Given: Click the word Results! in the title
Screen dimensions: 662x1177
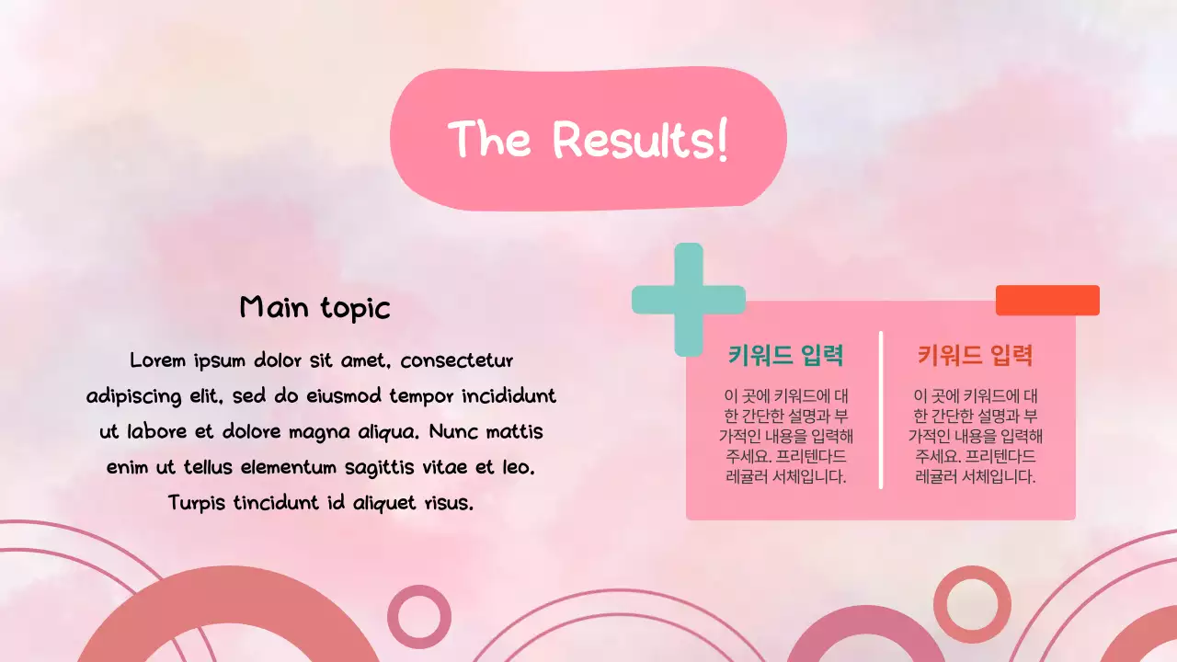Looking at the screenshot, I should coord(640,140).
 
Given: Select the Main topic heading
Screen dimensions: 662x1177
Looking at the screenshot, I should coord(314,307).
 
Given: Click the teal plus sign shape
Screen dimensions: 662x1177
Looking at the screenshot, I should coord(689,300).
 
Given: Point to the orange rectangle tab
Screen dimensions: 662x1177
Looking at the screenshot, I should coord(1047,300).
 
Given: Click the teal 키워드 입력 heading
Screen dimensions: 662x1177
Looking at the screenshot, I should coord(785,355).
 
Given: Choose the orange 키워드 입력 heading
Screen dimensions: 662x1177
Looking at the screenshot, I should coord(975,355).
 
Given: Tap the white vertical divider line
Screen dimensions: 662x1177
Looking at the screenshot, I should coord(881,410).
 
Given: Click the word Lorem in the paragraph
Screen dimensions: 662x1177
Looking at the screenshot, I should coord(158,360).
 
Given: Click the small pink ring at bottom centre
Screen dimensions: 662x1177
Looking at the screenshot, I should coord(419,617).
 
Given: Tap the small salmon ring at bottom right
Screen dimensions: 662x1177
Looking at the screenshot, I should coord(972,604).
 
